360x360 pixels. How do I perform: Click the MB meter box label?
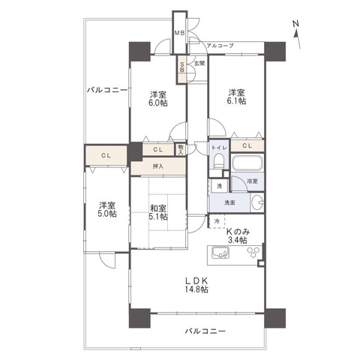click(x=179, y=33)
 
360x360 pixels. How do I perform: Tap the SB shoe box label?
click(x=182, y=67)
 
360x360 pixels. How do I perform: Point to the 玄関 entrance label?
click(x=199, y=64)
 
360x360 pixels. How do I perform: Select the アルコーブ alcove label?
click(x=220, y=46)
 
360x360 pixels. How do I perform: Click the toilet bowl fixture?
click(x=219, y=160)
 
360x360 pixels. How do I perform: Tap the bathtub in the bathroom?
click(x=247, y=163)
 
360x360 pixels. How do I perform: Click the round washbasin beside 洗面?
click(x=257, y=202)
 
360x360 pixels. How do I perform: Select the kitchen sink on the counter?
click(x=220, y=253)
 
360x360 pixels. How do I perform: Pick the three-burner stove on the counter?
click(x=253, y=252)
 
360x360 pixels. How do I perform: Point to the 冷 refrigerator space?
click(x=217, y=221)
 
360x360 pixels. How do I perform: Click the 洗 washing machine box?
click(x=219, y=186)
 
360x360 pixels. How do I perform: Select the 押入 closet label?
click(x=158, y=166)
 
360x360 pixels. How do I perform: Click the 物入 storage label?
click(x=181, y=149)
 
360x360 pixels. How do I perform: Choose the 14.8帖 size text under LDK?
click(x=196, y=289)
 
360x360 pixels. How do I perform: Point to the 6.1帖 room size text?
click(x=236, y=101)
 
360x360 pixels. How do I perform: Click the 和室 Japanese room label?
click(x=158, y=208)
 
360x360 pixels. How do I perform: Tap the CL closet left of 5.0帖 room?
click(x=106, y=155)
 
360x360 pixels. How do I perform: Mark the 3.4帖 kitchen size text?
click(x=238, y=240)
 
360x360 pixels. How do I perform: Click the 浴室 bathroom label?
click(x=252, y=181)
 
